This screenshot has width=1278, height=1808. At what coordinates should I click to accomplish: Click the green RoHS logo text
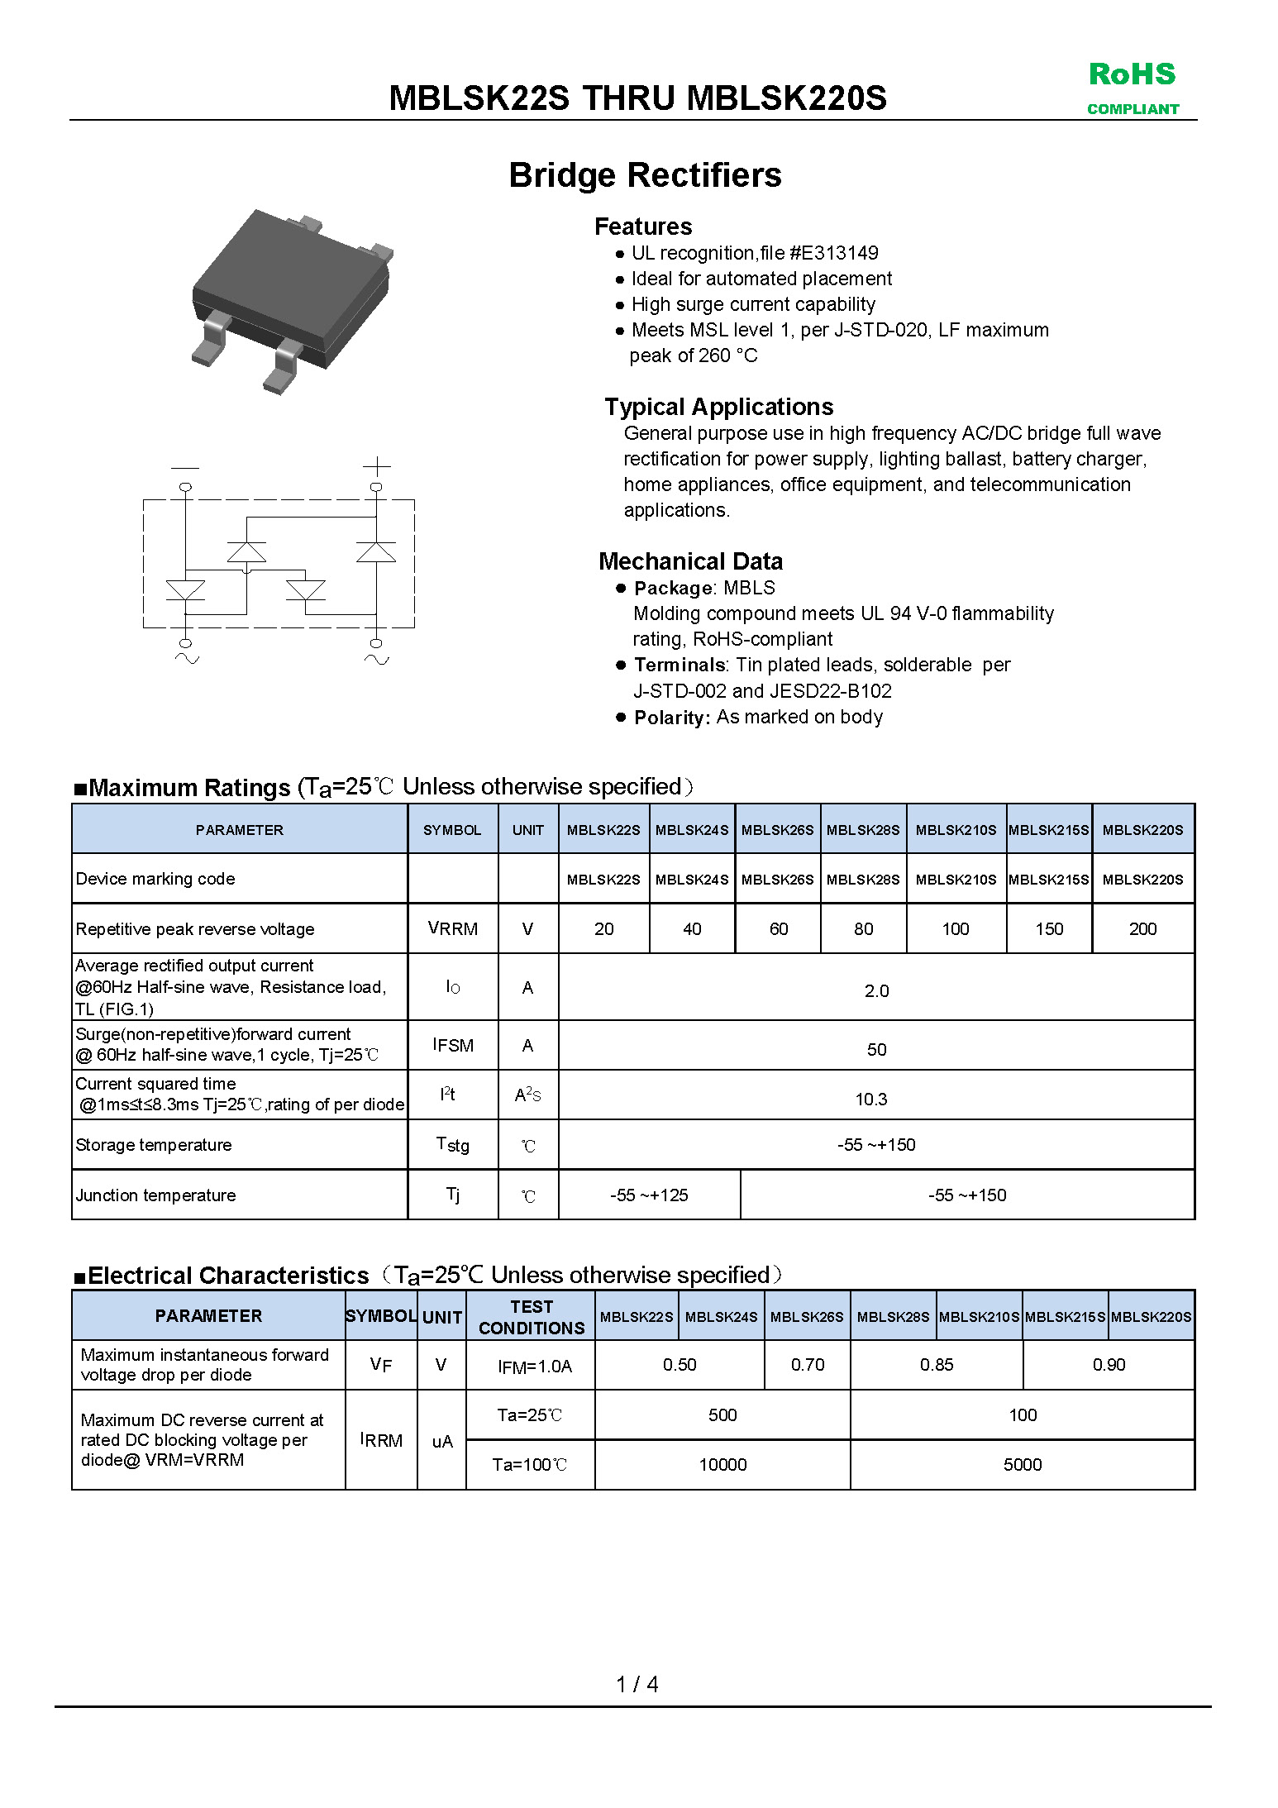[1132, 74]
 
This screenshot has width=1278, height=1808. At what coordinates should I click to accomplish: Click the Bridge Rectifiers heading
[645, 175]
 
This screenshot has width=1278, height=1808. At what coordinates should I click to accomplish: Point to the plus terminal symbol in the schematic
[376, 466]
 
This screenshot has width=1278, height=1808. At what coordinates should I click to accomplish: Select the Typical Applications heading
[718, 407]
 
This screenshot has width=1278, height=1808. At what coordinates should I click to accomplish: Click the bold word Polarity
[671, 718]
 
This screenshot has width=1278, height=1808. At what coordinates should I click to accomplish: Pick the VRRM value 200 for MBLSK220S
[1142, 929]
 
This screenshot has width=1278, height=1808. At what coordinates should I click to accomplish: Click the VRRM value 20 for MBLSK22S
[603, 929]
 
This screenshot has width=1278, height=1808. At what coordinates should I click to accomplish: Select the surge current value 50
[876, 1050]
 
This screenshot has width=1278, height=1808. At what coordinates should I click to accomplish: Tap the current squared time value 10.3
[871, 1100]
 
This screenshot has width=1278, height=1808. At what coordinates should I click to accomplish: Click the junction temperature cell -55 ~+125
[649, 1195]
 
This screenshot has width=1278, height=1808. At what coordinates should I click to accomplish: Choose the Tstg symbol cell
[452, 1145]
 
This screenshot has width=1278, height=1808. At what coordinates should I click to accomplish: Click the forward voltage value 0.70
[808, 1365]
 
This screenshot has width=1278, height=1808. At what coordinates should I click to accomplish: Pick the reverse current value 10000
[722, 1465]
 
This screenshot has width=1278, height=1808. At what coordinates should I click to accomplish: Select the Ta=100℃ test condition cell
[530, 1465]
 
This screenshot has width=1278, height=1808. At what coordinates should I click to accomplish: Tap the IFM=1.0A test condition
[535, 1367]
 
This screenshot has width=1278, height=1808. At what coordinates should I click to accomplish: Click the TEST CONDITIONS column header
[531, 1317]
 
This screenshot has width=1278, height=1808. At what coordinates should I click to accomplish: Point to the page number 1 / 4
[637, 1685]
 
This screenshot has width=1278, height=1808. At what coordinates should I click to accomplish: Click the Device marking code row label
[155, 879]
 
